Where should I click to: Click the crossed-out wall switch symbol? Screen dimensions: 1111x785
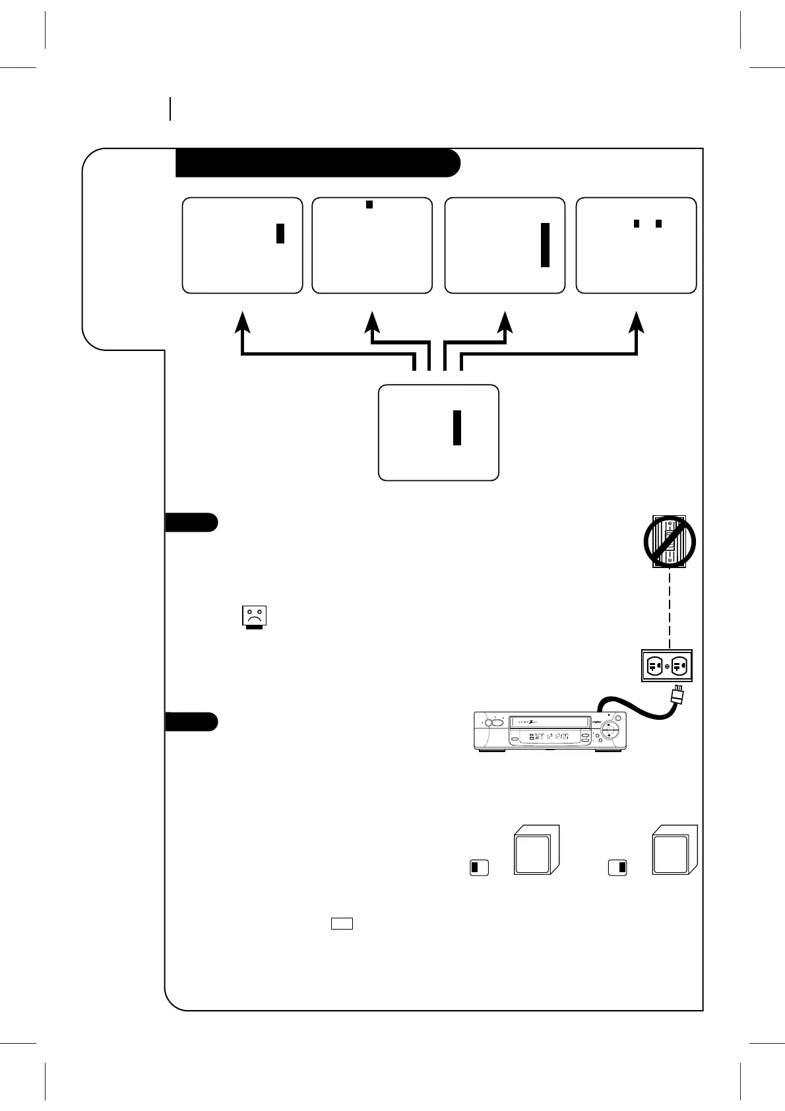tap(669, 542)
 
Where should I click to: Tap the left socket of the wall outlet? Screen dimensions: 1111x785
tap(654, 666)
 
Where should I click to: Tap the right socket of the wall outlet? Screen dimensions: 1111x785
tap(680, 666)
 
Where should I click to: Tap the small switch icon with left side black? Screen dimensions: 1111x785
tap(479, 868)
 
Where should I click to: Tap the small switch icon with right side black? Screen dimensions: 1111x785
tap(617, 868)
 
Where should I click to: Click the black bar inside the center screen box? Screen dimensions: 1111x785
tap(456, 427)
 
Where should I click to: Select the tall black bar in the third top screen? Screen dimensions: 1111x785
tap(545, 245)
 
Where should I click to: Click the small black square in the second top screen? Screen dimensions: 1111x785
tap(369, 205)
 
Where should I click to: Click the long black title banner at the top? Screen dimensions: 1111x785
tap(317, 163)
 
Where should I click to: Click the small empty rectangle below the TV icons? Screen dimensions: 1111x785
tap(342, 924)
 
